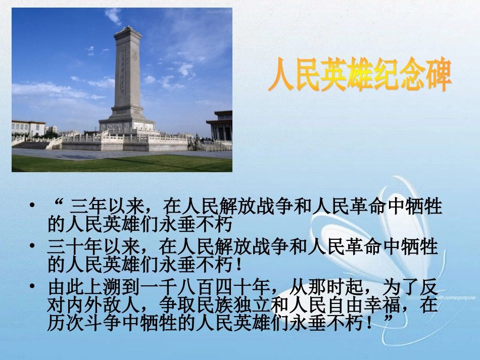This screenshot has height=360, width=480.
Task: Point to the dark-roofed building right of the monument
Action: coord(220,126)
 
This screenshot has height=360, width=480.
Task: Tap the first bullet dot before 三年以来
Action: coord(33,207)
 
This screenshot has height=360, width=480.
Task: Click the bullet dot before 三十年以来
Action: coord(33,247)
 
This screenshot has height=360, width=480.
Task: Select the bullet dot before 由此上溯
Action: coord(33,287)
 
